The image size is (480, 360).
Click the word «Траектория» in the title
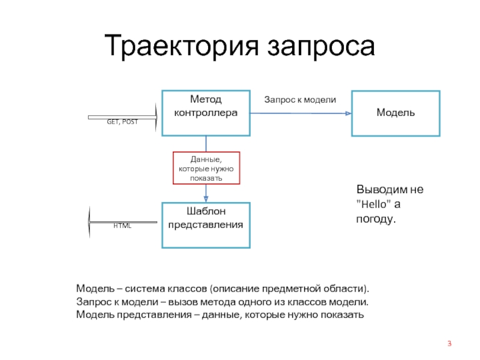pyautogui.click(x=182, y=47)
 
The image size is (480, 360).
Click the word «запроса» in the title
pyautogui.click(x=320, y=47)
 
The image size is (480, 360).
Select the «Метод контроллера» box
pyautogui.click(x=206, y=112)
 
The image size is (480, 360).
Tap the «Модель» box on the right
pyautogui.click(x=395, y=113)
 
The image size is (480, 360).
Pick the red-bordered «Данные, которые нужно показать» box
pyautogui.click(x=206, y=168)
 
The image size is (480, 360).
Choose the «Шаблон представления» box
pyautogui.click(x=206, y=225)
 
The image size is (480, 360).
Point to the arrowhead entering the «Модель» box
pyautogui.click(x=347, y=113)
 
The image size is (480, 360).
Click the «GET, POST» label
pyautogui.click(x=122, y=122)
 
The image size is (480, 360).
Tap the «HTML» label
pyautogui.click(x=122, y=226)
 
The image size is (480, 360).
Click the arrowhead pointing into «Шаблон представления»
pyautogui.click(x=206, y=198)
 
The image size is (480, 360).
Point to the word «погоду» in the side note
pyautogui.click(x=376, y=220)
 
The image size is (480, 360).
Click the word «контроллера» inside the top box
pyautogui.click(x=205, y=112)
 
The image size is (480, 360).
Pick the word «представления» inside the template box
pyautogui.click(x=205, y=225)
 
